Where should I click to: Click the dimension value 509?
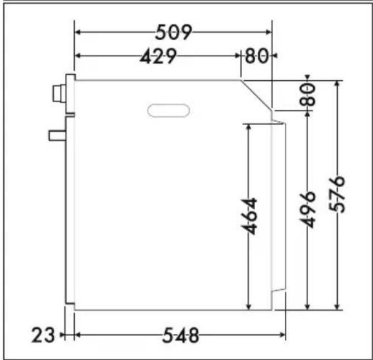[x=173, y=32]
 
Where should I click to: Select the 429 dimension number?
[x=159, y=56]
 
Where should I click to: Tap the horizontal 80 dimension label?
[x=257, y=56]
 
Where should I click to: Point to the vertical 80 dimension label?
[x=308, y=95]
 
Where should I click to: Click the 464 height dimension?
[x=249, y=216]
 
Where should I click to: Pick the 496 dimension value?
[x=307, y=209]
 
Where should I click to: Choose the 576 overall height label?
[x=337, y=194]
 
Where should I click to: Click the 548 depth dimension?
[x=180, y=335]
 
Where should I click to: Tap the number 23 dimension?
[x=43, y=335]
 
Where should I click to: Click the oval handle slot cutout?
[x=169, y=111]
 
